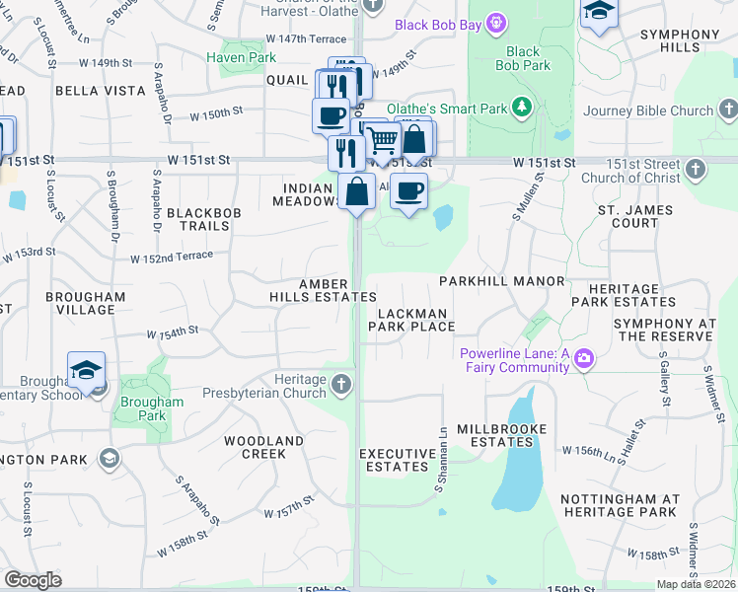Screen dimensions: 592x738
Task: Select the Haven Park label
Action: [x=241, y=57]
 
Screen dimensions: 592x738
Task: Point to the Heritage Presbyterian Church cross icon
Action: [x=341, y=383]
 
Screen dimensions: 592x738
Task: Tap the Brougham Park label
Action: [x=152, y=408]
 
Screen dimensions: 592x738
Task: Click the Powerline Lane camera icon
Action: [x=585, y=357]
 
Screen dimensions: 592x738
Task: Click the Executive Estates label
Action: [x=397, y=460]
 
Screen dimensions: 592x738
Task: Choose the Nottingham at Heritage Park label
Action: [x=620, y=505]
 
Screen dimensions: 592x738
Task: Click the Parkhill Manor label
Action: [x=501, y=281]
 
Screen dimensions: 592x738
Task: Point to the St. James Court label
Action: [x=634, y=216]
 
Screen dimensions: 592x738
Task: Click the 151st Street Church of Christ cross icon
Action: [x=696, y=170]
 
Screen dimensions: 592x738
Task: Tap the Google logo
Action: [x=33, y=580]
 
